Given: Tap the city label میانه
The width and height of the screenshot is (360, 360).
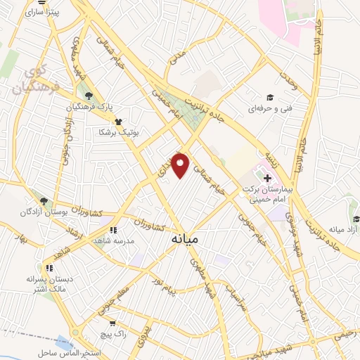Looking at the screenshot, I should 185,240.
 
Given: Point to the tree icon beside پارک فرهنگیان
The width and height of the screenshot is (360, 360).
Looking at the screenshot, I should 87,96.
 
